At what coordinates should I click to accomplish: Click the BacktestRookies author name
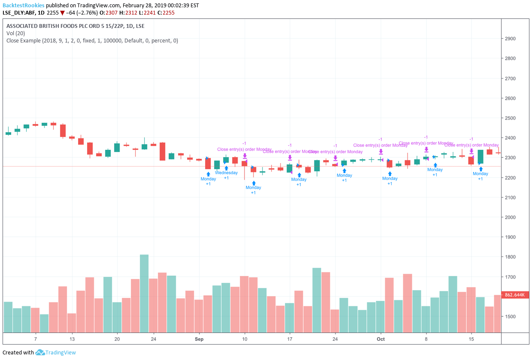coord(23,5)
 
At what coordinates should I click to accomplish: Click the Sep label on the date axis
coord(199,339)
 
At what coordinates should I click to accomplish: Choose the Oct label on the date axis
coord(381,339)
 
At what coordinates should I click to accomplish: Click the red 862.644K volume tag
coord(517,295)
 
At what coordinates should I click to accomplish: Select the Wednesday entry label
coord(226,173)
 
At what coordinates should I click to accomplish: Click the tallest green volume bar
coord(144,293)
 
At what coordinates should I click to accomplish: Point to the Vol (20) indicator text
coord(16,33)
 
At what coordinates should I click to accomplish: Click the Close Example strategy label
coord(24,41)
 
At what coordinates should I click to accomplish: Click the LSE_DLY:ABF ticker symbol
coord(18,12)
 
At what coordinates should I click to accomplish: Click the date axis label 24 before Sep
coord(153,339)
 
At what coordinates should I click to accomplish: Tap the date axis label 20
coord(117,339)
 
